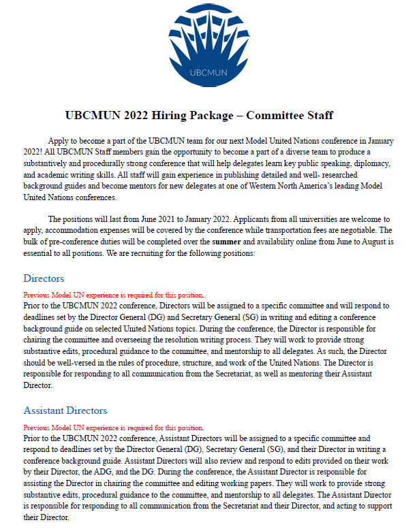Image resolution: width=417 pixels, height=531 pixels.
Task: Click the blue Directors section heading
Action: point(44,278)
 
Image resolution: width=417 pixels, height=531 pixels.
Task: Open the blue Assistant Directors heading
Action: point(65,411)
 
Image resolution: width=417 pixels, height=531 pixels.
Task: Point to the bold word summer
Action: point(226,242)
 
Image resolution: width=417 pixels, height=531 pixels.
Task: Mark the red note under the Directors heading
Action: point(113,295)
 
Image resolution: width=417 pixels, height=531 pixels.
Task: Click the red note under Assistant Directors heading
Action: point(113,428)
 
